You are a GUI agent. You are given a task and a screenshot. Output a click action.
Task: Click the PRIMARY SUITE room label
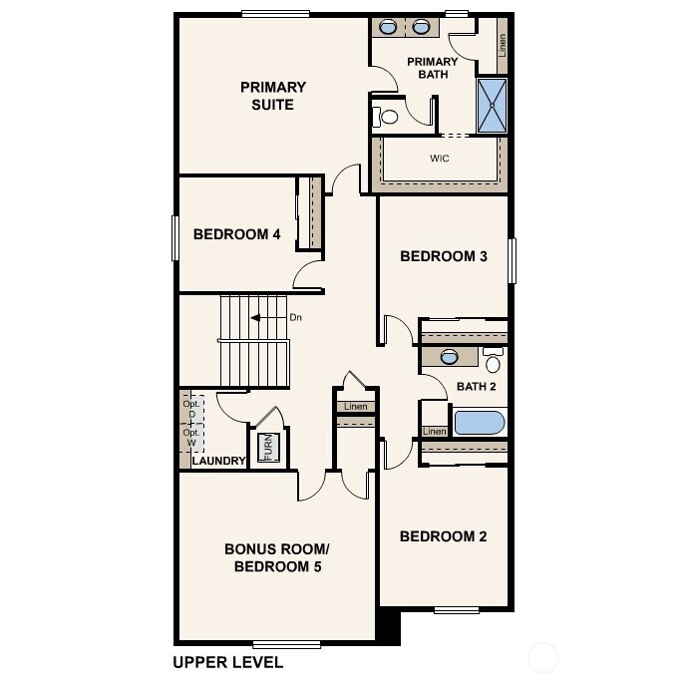tap(272, 96)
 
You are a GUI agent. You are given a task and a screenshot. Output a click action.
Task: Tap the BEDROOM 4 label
tap(236, 235)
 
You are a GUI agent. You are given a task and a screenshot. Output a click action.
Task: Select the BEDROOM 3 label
tap(443, 256)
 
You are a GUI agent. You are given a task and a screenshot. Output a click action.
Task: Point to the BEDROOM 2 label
tap(443, 536)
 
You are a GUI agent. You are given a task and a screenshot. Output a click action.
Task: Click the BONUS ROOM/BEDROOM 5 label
tap(276, 558)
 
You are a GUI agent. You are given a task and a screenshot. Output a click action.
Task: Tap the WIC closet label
tap(439, 160)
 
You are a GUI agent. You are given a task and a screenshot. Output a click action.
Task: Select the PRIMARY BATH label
tap(433, 68)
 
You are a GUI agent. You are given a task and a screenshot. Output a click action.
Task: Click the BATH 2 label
tap(476, 387)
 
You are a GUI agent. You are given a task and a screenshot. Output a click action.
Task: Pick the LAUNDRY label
tap(218, 461)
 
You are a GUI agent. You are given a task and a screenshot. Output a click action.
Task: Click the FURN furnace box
tap(266, 448)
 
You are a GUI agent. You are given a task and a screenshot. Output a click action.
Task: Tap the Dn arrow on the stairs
tap(262, 318)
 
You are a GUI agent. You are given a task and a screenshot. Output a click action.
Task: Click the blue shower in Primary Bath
tap(491, 106)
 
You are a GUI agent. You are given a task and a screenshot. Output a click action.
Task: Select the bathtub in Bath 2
tap(480, 422)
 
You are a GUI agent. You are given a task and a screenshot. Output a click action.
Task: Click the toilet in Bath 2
tap(493, 361)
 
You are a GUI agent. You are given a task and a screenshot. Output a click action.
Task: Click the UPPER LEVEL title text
tap(227, 662)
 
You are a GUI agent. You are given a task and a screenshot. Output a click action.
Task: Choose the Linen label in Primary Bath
tap(503, 44)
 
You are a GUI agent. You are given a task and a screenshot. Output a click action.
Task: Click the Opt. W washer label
tap(189, 439)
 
